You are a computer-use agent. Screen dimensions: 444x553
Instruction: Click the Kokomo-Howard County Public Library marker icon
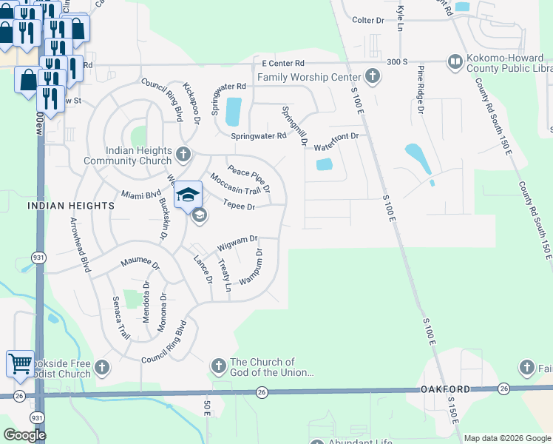click(455, 61)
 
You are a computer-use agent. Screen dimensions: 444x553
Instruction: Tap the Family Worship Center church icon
click(373, 76)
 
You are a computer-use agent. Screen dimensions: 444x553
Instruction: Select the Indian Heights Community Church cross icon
click(184, 155)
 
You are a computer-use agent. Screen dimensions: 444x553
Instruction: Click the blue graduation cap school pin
click(189, 195)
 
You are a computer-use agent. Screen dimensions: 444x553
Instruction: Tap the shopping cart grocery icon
click(20, 363)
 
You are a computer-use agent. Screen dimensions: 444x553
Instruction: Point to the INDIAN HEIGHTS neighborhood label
click(71, 206)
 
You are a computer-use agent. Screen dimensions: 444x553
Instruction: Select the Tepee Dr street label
click(239, 207)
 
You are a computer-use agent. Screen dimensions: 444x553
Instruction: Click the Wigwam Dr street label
click(237, 243)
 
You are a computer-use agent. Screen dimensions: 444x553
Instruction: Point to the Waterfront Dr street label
click(336, 137)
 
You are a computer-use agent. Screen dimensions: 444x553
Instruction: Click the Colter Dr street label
click(368, 20)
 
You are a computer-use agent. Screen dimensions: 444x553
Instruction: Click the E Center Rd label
click(278, 64)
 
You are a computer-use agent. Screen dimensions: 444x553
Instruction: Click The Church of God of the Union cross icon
click(218, 366)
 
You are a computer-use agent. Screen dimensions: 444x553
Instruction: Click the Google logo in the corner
click(24, 435)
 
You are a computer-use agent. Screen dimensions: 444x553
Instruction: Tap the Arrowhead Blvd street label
click(79, 245)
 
